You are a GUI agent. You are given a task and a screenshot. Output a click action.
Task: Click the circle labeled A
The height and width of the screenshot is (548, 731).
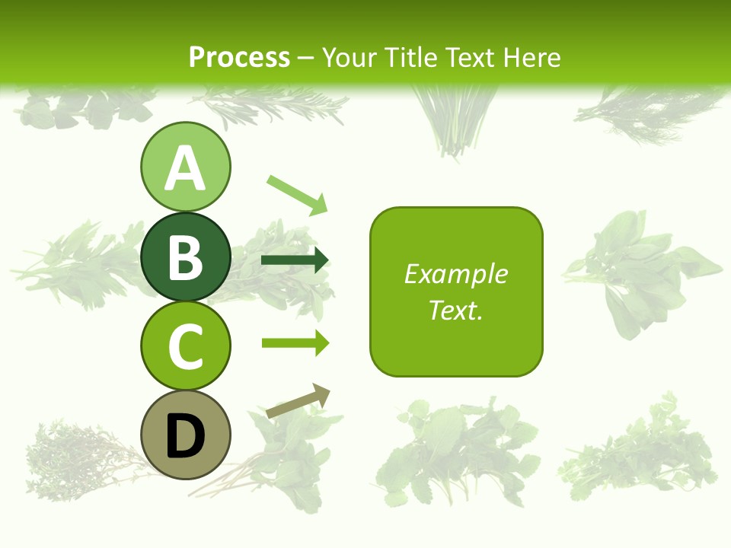[185, 167]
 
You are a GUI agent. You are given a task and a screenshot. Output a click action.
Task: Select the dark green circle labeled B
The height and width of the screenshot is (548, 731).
[185, 256]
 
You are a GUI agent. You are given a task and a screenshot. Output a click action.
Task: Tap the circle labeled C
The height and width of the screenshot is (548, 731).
[185, 346]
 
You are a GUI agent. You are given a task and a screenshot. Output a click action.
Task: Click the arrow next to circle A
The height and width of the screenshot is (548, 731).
[297, 194]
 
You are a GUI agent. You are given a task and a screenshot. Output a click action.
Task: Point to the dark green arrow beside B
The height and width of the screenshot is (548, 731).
[295, 260]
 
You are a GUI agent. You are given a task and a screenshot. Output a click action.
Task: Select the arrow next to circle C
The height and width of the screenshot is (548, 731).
[295, 343]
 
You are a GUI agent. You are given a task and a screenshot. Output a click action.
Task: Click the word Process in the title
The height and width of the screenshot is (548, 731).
[239, 57]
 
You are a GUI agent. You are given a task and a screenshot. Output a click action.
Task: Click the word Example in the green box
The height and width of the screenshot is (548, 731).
[455, 274]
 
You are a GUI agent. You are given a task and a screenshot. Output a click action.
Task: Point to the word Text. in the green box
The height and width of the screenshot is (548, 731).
[455, 310]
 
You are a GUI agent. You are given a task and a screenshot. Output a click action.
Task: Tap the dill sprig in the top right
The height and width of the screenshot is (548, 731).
[647, 114]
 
